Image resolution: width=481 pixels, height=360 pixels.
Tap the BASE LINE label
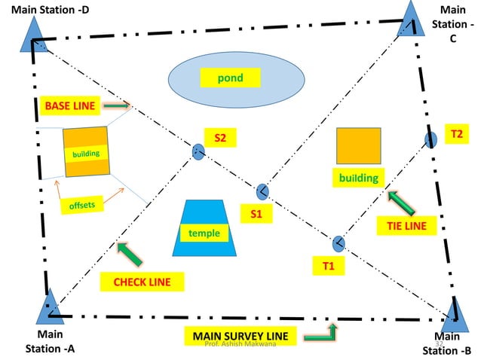[69, 106]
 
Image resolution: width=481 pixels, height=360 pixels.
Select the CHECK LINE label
[142, 282]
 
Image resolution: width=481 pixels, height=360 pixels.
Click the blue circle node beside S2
[198, 151]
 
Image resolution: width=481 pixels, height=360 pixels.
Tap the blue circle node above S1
[262, 191]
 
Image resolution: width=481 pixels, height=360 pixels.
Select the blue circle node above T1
[339, 243]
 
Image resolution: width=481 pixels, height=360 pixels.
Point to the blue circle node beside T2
[430, 139]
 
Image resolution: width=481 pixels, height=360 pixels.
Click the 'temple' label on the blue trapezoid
[204, 233]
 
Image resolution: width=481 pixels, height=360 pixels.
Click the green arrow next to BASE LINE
[116, 106]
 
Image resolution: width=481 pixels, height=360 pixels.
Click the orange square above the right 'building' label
[358, 145]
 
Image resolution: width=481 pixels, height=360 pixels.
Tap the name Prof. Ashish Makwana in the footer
[240, 343]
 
